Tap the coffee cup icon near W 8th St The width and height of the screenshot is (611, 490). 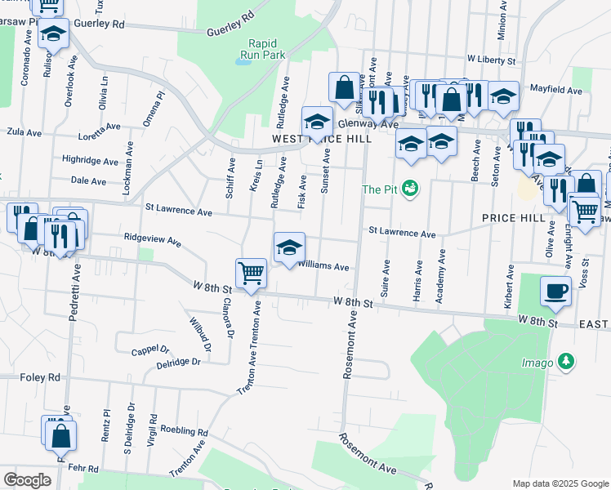(x=555, y=291)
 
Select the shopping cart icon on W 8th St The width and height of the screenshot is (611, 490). (x=251, y=273)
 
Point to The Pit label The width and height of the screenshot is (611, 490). (x=381, y=189)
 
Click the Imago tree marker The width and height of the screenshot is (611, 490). (x=564, y=361)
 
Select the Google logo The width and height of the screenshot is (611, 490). (x=27, y=480)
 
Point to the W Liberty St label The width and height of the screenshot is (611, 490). (x=493, y=60)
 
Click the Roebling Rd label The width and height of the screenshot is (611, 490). (x=184, y=430)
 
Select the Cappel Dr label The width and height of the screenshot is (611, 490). (x=150, y=352)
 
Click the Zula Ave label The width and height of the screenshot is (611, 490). (x=23, y=131)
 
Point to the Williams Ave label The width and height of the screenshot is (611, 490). (x=323, y=266)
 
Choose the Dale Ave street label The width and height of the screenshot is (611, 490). (x=89, y=180)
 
